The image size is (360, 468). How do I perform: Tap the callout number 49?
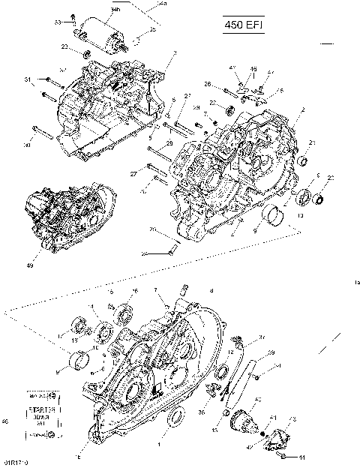click(x=30, y=264)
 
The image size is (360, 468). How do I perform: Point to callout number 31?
click(x=28, y=79)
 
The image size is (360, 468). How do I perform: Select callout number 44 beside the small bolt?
click(x=301, y=457)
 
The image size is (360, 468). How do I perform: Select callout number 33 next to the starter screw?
click(x=58, y=22)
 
